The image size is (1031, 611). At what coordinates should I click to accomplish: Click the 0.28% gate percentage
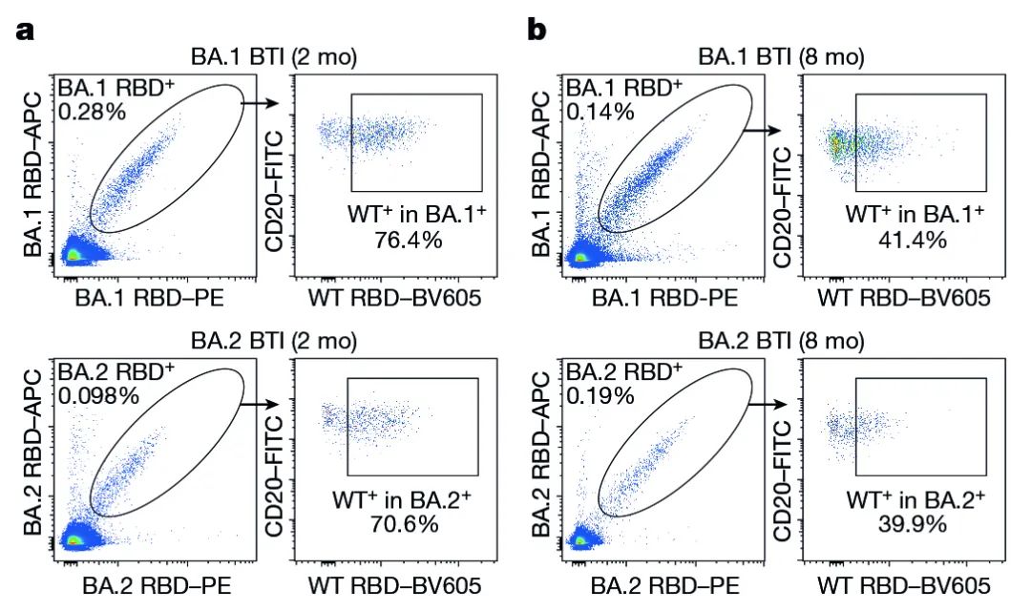pyautogui.click(x=92, y=112)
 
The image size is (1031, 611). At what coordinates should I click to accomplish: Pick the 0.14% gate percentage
pyautogui.click(x=600, y=112)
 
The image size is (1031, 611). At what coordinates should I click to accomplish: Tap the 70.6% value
pyautogui.click(x=405, y=523)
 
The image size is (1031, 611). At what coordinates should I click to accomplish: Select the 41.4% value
pyautogui.click(x=913, y=240)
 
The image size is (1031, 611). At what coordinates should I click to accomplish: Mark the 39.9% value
pyautogui.click(x=913, y=523)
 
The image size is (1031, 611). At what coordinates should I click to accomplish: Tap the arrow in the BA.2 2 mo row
pyautogui.click(x=260, y=404)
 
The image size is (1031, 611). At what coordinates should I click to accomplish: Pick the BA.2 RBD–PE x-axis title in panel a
pyautogui.click(x=157, y=583)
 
